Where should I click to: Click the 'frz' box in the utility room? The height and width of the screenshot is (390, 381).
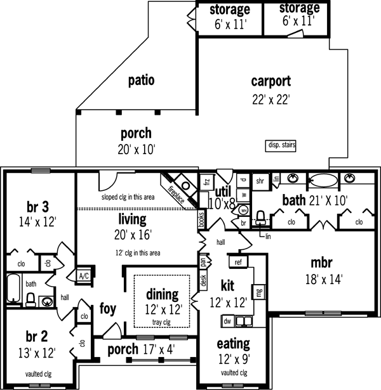click(206, 181)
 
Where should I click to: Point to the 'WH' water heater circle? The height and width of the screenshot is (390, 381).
click(244, 210)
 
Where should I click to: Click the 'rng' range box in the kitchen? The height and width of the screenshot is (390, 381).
click(259, 292)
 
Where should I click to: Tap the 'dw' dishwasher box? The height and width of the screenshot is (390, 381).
click(226, 321)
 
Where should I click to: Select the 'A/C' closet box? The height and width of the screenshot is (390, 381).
click(83, 275)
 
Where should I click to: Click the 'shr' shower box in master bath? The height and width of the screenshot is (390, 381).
click(259, 179)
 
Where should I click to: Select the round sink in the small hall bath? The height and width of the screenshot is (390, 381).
click(47, 301)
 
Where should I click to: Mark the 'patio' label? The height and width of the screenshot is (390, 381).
click(142, 81)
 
